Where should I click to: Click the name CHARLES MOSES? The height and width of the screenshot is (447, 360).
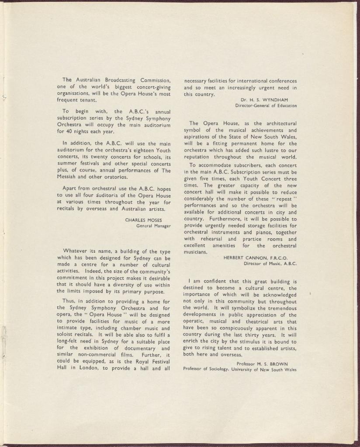(x=144, y=220)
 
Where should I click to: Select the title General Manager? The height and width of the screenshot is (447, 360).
(x=153, y=226)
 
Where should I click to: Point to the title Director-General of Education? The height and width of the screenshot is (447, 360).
(x=266, y=106)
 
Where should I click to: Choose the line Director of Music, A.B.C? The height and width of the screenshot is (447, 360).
(x=270, y=263)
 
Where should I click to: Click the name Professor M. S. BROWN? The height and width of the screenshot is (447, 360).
(x=262, y=363)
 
